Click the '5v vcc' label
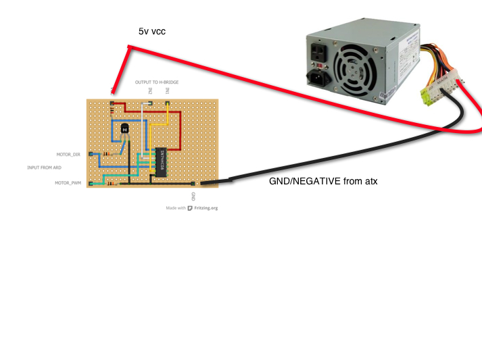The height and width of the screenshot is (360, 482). click(152, 31)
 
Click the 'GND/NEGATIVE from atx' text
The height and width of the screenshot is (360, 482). click(323, 181)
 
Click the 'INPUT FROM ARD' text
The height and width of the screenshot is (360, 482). click(44, 168)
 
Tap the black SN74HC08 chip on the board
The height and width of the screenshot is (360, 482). click(162, 163)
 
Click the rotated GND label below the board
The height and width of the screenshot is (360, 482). click(193, 196)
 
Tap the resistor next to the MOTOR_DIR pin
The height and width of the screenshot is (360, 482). click(106, 155)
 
